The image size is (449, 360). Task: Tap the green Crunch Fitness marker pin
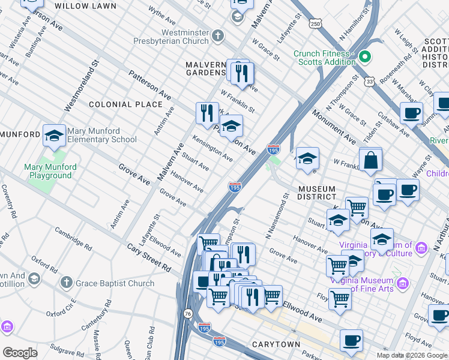point(364,58)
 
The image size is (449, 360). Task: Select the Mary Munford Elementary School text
point(102,135)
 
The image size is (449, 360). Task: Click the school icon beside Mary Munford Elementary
point(54,136)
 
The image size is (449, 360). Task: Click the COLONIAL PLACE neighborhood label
point(125,104)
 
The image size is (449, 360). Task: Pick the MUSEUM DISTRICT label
point(317,193)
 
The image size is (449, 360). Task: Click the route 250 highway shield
point(316,24)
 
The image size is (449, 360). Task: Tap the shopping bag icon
point(371,160)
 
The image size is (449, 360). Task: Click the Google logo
point(20,353)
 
